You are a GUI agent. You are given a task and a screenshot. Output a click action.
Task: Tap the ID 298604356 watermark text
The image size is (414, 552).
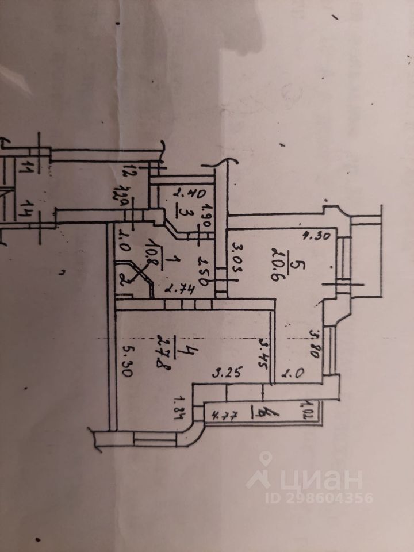click(318, 497)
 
